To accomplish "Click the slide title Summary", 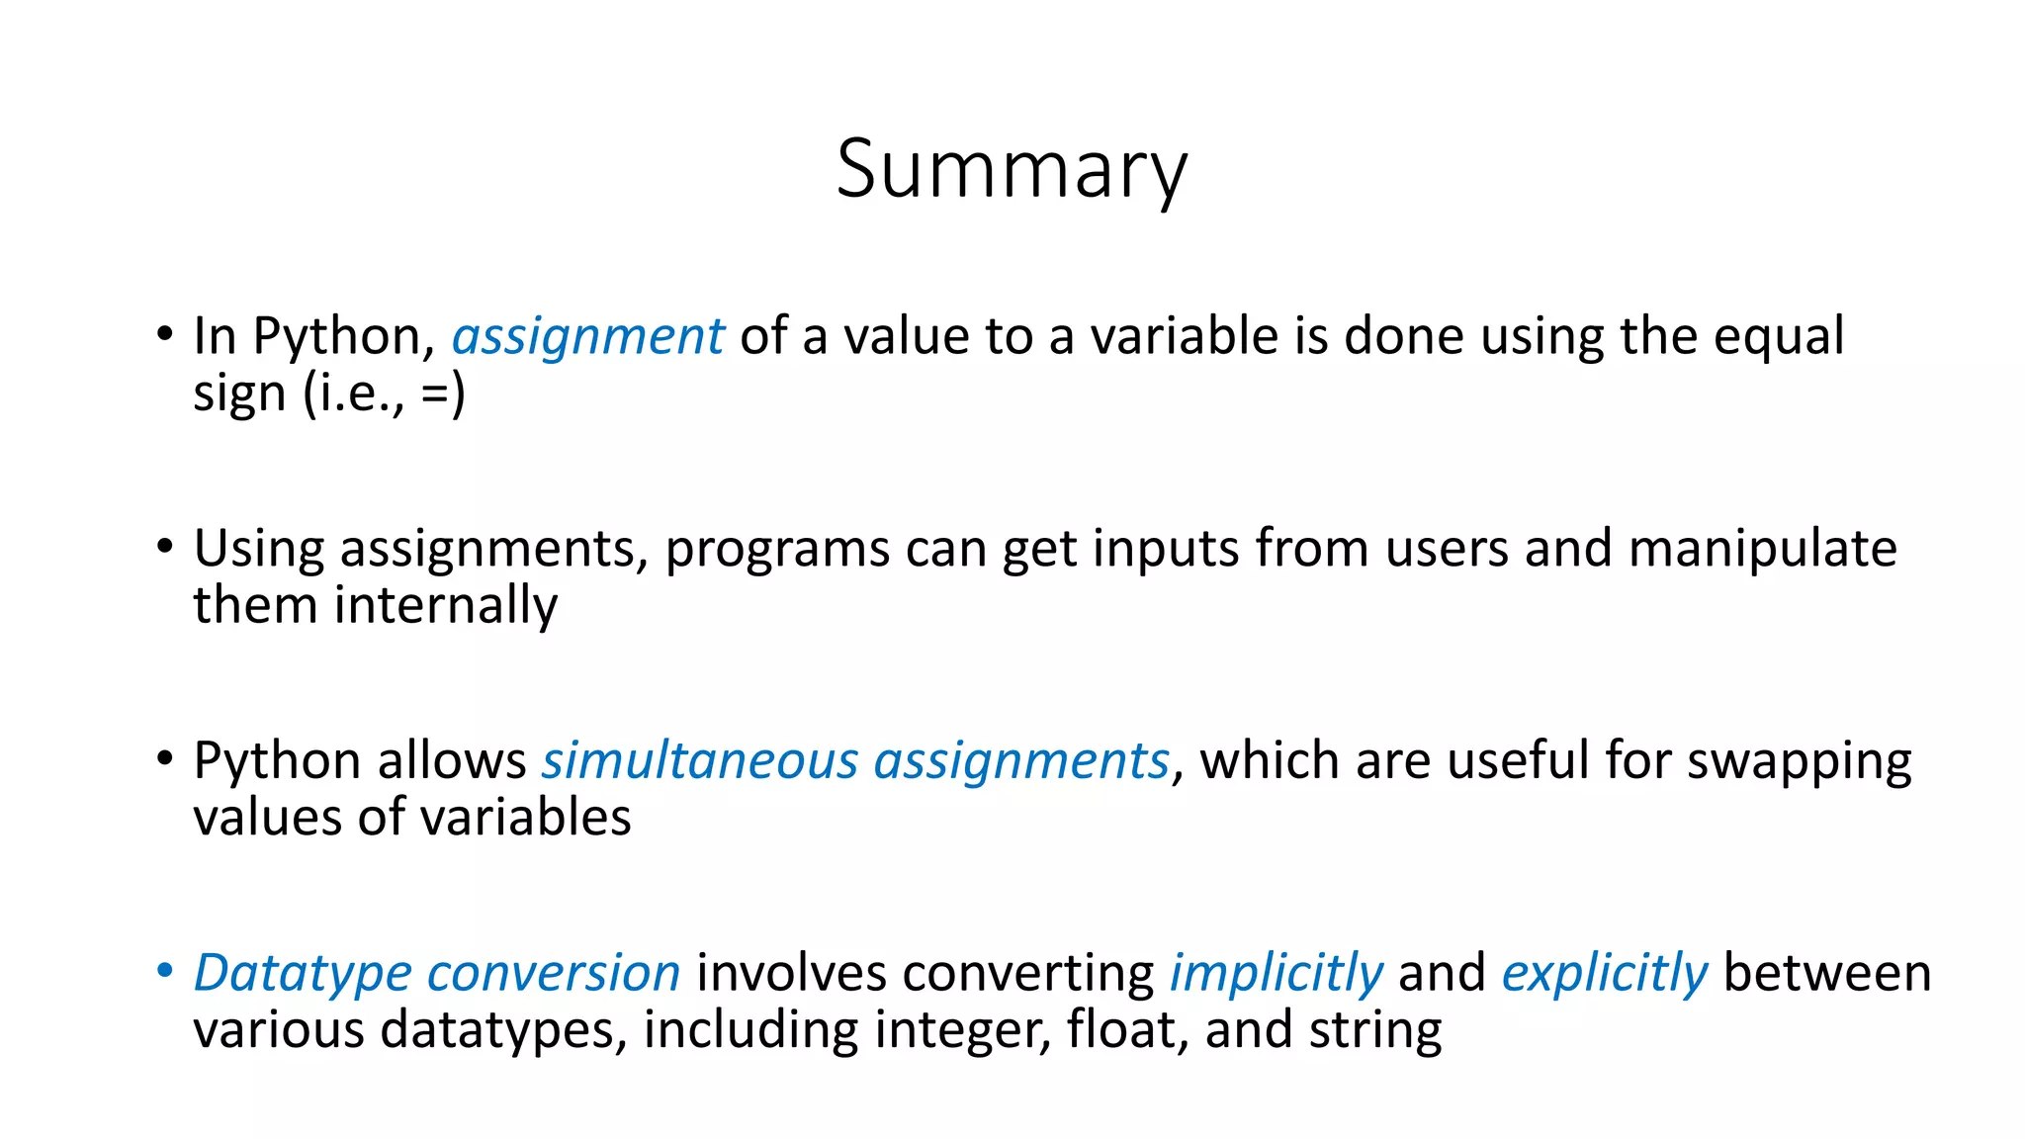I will coord(1011,170).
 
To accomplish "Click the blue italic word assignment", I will coord(587,337).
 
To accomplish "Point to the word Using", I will coord(258,550).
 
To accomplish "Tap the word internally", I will coord(446,605).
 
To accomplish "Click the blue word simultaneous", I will coord(700,761).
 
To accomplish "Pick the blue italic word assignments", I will coord(1021,761).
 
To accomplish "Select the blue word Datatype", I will coord(302,974).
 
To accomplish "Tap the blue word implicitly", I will coord(1276,974).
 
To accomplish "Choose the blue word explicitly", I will coord(1604,974).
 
